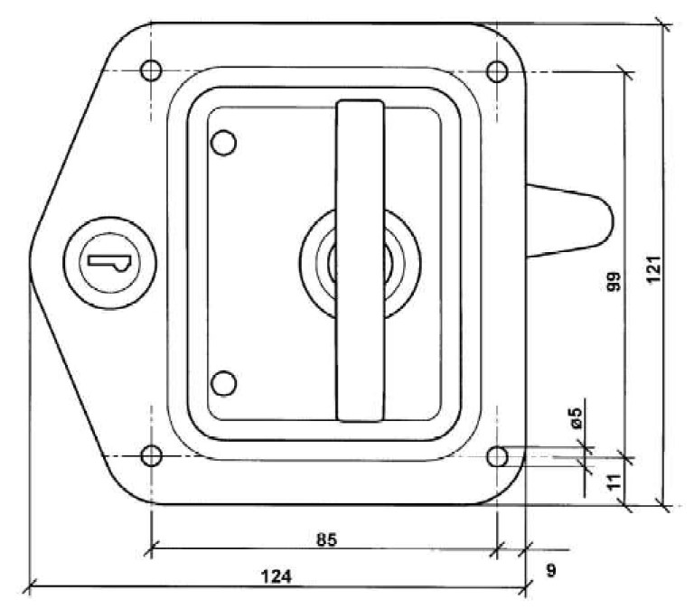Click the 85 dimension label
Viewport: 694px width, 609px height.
(x=326, y=540)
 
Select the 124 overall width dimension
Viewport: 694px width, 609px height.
(x=277, y=576)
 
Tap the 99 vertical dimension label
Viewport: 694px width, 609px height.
(x=614, y=282)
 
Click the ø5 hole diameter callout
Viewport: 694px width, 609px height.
(x=575, y=417)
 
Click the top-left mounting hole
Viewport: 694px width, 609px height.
(x=151, y=70)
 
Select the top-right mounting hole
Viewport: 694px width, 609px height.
(x=496, y=70)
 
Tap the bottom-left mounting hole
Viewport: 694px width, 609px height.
(x=151, y=454)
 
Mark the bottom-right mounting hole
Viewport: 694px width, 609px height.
(x=497, y=456)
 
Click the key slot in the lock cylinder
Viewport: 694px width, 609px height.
(x=107, y=261)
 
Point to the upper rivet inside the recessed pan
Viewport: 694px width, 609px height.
(x=222, y=143)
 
